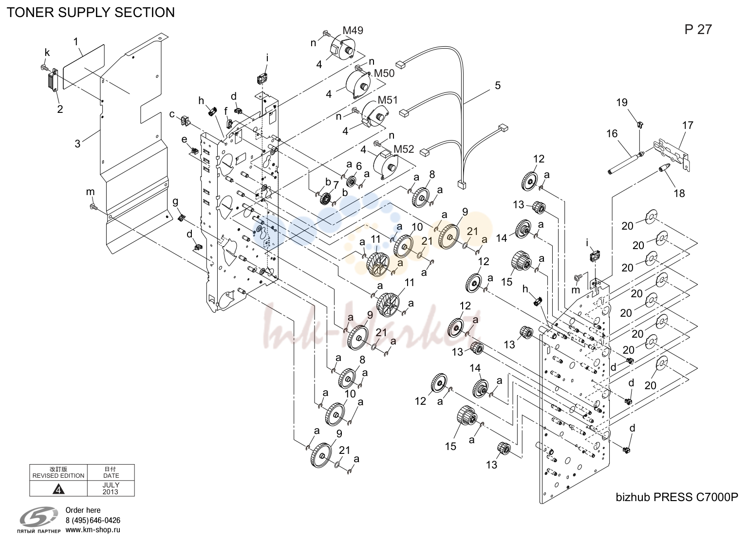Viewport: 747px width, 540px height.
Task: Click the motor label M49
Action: [x=353, y=30]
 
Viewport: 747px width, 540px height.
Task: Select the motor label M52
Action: [x=404, y=149]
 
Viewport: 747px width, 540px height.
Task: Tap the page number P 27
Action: [x=698, y=30]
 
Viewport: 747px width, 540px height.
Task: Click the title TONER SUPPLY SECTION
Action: [x=91, y=12]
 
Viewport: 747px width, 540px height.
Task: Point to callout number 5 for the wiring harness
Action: [x=498, y=86]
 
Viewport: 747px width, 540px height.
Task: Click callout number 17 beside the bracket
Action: [x=688, y=126]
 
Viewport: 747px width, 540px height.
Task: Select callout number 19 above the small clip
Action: [x=622, y=102]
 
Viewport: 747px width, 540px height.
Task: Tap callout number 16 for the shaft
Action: [x=612, y=134]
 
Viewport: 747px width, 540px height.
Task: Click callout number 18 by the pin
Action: [x=679, y=193]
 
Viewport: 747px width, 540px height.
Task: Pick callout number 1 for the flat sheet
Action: [x=76, y=42]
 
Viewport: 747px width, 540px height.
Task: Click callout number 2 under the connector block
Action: [x=60, y=109]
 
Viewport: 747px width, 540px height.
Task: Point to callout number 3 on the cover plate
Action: [x=77, y=144]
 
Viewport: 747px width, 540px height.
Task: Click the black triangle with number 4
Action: [x=59, y=489]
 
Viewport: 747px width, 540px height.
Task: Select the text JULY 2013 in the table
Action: [x=111, y=488]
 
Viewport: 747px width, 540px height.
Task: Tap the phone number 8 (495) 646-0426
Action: [x=93, y=521]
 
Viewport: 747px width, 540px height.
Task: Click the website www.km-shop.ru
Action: [x=93, y=530]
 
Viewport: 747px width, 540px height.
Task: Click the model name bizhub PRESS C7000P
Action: [x=677, y=497]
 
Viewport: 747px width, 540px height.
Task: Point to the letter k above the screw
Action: [x=47, y=53]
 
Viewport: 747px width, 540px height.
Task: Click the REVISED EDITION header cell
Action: [x=58, y=473]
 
